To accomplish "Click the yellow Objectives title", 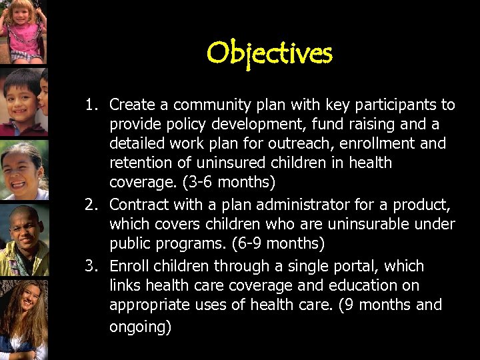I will point(269,53).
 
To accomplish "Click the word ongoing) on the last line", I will point(140,327).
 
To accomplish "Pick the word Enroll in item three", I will point(128,266).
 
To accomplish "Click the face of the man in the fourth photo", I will point(25,230).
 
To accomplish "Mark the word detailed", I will point(136,143).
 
